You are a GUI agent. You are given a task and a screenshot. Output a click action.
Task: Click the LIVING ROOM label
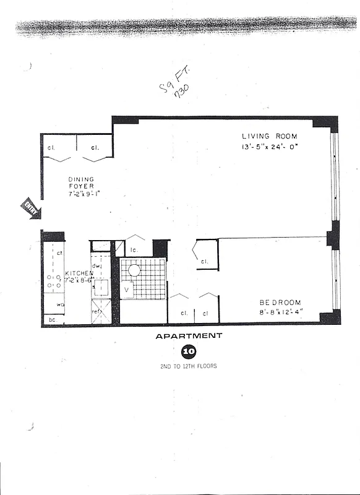[x=269, y=136]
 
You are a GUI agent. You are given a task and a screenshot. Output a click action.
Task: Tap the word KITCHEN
[x=79, y=273]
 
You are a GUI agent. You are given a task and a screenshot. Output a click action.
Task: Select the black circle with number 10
[x=188, y=352]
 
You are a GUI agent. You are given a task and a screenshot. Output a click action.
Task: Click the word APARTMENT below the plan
[x=189, y=336]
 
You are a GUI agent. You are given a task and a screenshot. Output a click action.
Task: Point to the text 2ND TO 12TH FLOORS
[x=188, y=366]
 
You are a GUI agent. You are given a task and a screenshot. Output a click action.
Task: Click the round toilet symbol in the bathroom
[x=134, y=270]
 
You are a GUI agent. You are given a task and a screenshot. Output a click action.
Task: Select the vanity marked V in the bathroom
[x=127, y=289]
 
